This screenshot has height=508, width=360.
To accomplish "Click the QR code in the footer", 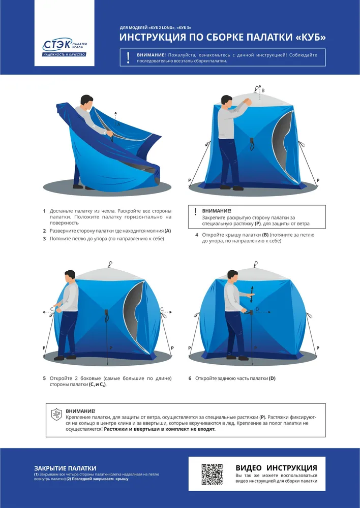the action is coord(212,474).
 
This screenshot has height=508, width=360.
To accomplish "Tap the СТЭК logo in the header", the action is coord(65,47).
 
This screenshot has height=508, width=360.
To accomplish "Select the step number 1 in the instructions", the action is coord(44,211).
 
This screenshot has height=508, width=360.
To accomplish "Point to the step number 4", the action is coord(197,235).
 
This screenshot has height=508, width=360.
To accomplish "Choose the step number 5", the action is coord(44,378).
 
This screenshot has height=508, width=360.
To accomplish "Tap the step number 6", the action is coord(190,378).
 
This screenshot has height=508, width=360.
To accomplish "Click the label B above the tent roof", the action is coord(263,90).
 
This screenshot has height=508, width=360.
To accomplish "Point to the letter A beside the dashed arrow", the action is coord(118,124).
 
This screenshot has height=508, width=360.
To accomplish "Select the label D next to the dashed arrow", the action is coord(257,309).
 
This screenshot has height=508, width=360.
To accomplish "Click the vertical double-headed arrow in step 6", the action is coord(251,294).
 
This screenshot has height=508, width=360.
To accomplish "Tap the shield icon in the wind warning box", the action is coord(56,415).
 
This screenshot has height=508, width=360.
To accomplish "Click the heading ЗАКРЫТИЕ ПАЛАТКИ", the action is coord(65,468).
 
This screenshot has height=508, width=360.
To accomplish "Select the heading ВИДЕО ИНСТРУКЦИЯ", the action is coord(276,468).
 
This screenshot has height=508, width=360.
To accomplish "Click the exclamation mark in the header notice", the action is coord(129,57).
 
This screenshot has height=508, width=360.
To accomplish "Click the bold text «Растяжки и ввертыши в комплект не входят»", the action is coord(160,429).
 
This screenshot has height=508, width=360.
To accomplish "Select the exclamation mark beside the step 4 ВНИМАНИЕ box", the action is coord(196,212).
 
